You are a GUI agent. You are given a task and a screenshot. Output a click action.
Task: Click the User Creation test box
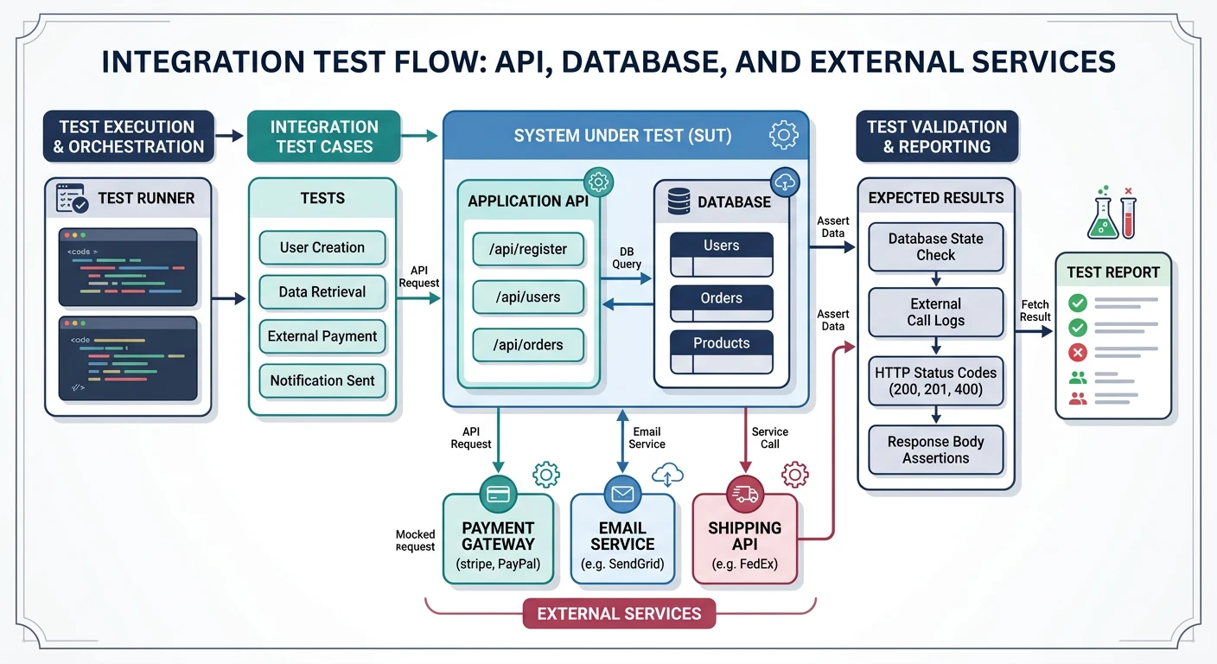(x=322, y=247)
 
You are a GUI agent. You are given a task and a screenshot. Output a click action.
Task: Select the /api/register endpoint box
(x=528, y=249)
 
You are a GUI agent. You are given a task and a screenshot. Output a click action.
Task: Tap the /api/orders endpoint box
(x=528, y=345)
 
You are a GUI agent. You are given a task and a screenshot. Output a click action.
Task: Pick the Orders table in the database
(x=721, y=299)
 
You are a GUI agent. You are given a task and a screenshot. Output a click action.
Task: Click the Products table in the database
(x=721, y=344)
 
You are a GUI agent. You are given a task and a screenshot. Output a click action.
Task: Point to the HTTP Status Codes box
(x=935, y=381)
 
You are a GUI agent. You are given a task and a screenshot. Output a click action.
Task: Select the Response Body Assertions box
(x=935, y=450)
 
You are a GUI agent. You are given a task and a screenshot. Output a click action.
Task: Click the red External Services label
(x=619, y=614)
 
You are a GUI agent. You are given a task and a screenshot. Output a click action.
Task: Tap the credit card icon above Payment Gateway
(x=498, y=494)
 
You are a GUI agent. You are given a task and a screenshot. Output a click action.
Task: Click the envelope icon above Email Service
(x=622, y=494)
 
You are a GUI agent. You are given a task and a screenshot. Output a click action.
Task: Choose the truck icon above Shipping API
(x=744, y=494)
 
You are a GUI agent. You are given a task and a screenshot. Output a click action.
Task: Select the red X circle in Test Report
(x=1078, y=353)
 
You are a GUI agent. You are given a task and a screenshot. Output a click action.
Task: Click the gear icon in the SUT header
(x=783, y=135)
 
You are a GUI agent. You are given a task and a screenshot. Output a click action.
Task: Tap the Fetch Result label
(x=1035, y=310)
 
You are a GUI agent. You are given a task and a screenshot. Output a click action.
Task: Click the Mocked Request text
(x=415, y=540)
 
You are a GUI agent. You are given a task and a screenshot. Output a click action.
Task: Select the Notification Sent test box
(x=322, y=380)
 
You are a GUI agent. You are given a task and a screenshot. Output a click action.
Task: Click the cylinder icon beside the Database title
(x=679, y=202)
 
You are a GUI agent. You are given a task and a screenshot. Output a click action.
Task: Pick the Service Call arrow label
(x=769, y=437)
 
